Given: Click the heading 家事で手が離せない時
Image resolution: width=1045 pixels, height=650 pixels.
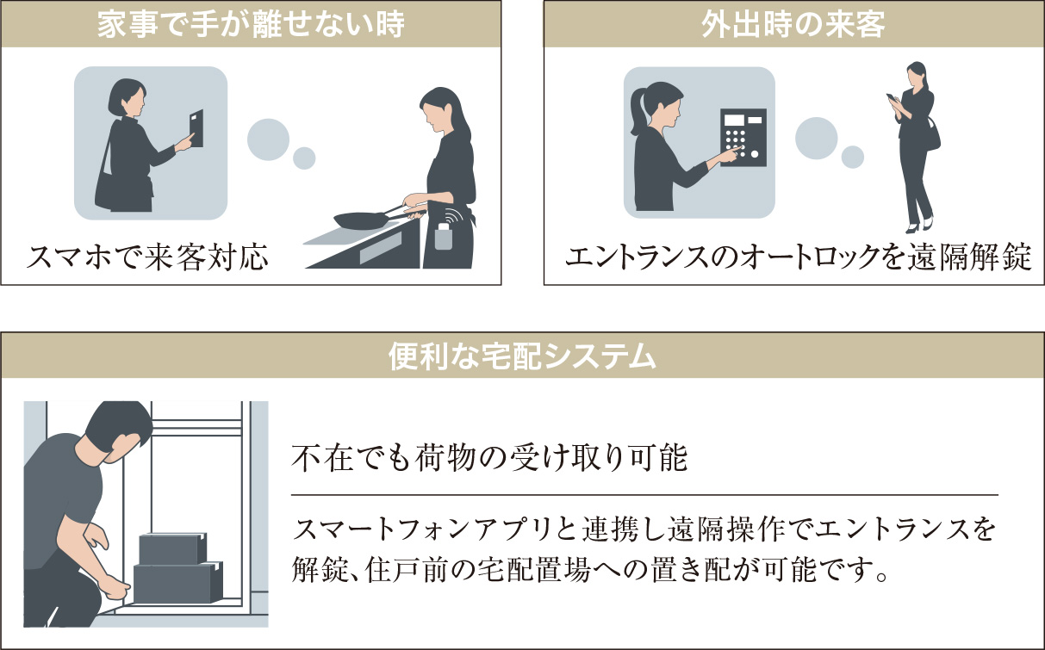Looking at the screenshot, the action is click(x=251, y=25).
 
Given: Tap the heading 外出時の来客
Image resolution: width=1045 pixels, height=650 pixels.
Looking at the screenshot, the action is click(x=793, y=25).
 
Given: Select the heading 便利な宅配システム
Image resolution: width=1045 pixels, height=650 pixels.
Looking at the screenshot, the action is click(x=522, y=356).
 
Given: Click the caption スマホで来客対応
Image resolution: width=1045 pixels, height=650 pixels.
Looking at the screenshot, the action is click(x=147, y=257).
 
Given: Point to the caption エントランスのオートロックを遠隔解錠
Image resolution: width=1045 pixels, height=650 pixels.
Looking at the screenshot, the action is click(x=799, y=257).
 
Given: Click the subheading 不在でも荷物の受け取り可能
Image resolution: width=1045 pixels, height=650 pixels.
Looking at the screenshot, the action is click(x=489, y=458).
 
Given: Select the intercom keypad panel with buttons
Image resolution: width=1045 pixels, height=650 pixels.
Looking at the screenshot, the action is click(x=743, y=138).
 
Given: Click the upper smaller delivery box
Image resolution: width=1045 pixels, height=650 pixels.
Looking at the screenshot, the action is click(x=173, y=548).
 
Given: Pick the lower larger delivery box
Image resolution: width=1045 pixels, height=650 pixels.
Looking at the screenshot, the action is click(x=178, y=582).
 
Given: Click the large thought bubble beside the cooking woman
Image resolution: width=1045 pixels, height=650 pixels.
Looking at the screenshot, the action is click(x=268, y=139).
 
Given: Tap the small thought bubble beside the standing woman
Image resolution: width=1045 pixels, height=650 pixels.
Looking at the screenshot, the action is click(x=852, y=157).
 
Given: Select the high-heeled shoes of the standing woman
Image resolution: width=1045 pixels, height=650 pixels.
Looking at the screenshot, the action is click(x=919, y=226).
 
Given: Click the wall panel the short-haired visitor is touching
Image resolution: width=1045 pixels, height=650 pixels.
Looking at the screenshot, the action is click(x=196, y=128).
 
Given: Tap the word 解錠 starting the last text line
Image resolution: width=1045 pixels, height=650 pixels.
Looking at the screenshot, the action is click(x=320, y=569).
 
